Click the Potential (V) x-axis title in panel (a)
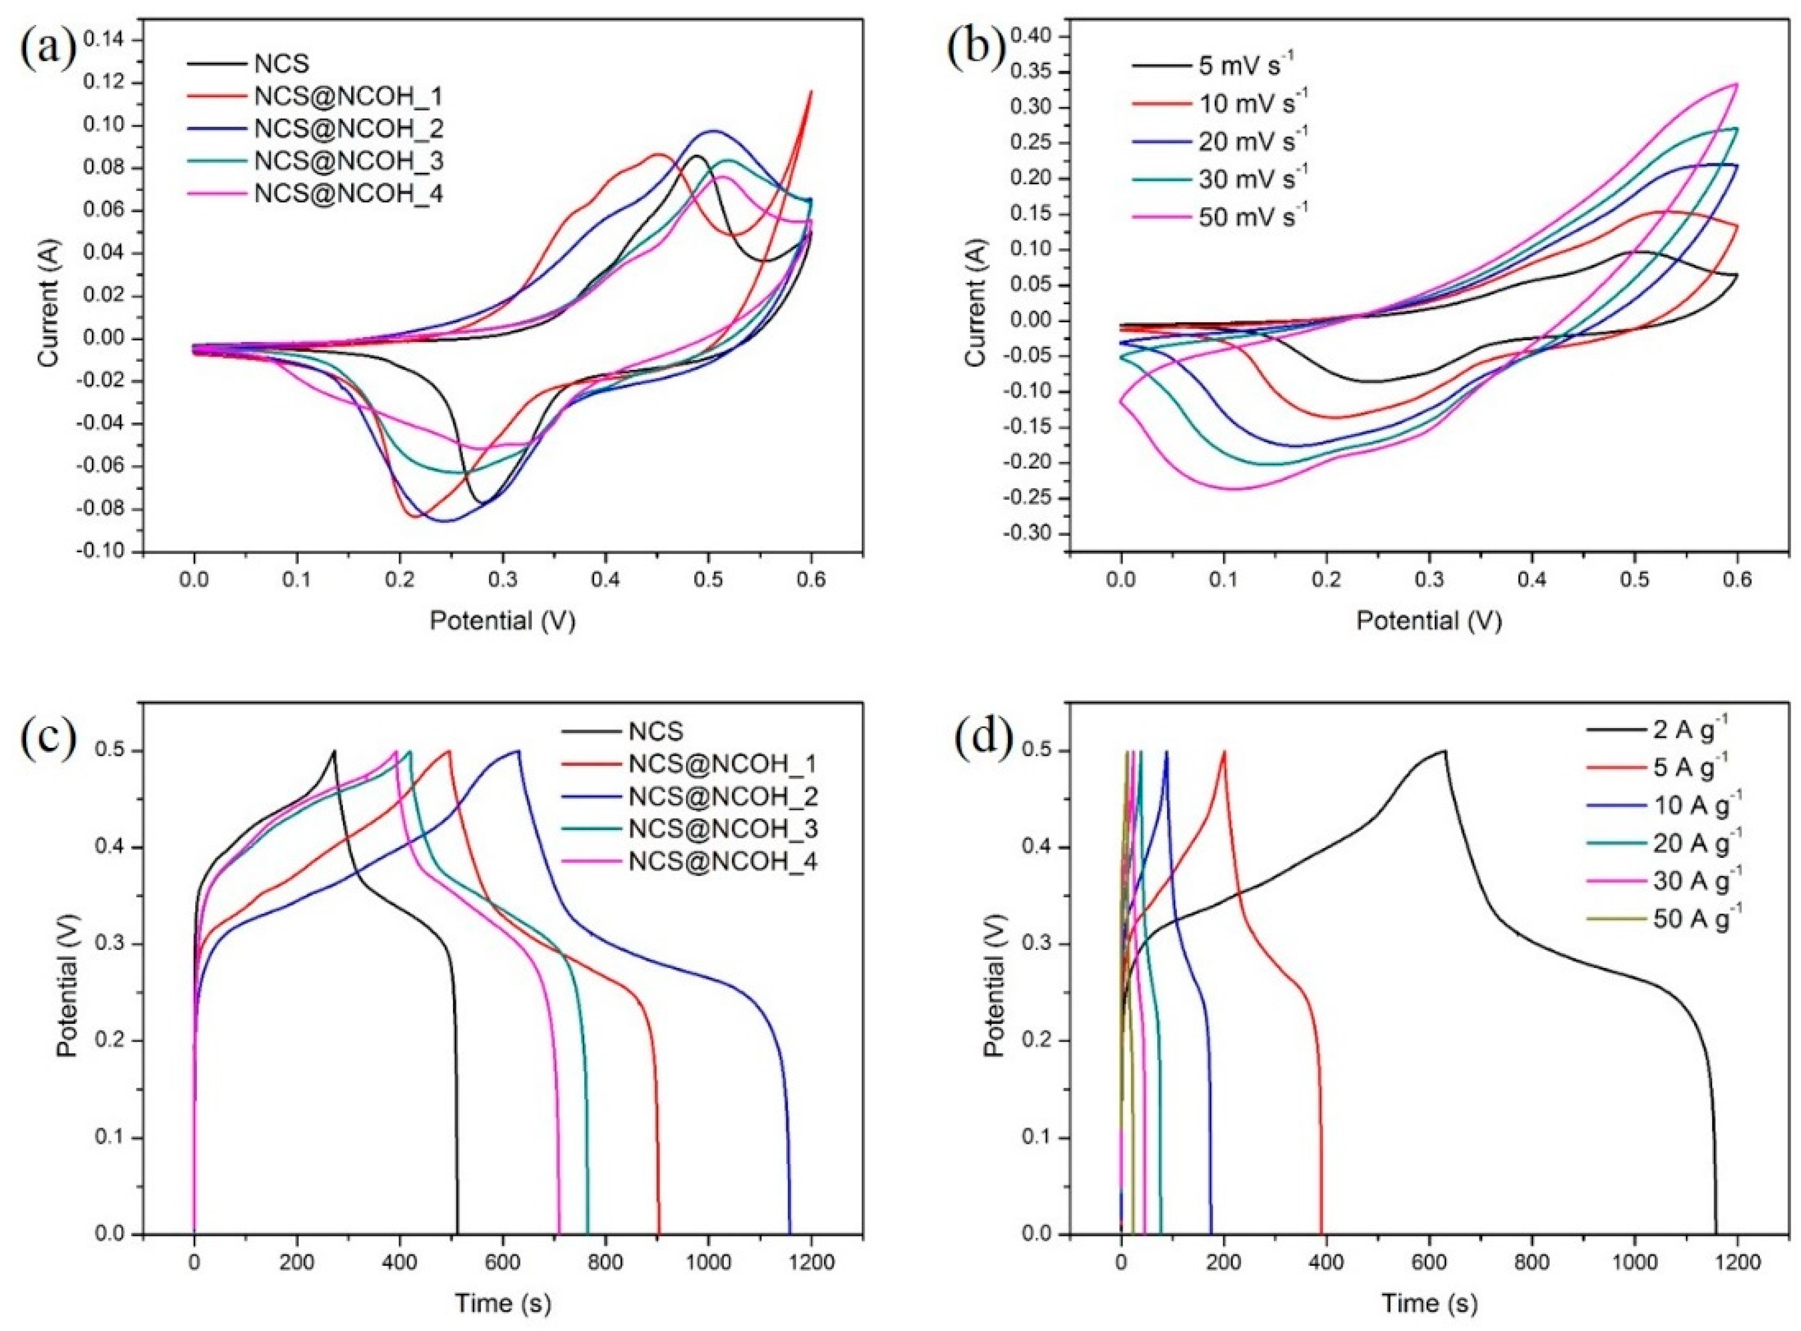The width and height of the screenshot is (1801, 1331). click(x=502, y=621)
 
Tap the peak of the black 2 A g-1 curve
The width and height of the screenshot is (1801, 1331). click(x=1445, y=751)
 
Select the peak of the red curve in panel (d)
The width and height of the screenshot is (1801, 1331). click(x=1224, y=751)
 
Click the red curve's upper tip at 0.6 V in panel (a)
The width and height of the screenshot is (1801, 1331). click(x=811, y=91)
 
